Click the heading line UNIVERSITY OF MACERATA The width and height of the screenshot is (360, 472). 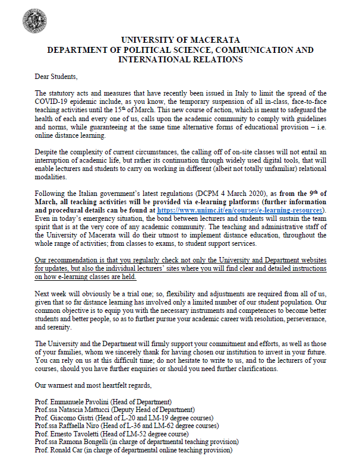click(179, 40)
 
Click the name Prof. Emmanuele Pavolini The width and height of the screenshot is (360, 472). click(77, 402)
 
